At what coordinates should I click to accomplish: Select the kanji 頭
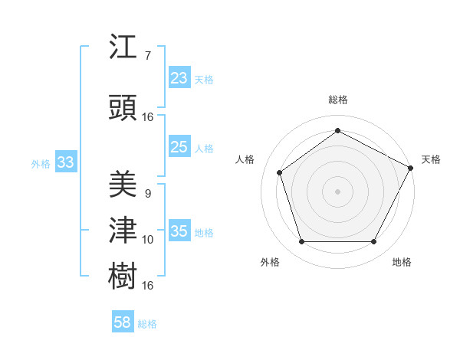[123, 107]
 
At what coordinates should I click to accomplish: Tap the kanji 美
[123, 184]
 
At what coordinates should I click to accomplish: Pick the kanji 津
[123, 229]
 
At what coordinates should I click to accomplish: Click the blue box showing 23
[179, 78]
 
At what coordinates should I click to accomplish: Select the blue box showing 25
[179, 147]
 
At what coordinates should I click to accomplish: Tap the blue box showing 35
[179, 231]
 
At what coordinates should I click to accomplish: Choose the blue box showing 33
[65, 162]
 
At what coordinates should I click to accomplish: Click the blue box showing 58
[123, 322]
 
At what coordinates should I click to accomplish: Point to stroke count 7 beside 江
[147, 57]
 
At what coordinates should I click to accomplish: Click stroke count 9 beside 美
[147, 194]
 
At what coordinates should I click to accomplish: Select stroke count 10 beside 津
[148, 240]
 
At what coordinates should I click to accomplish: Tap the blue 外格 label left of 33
[41, 163]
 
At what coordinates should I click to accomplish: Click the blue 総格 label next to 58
[147, 324]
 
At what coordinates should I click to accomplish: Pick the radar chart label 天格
[431, 159]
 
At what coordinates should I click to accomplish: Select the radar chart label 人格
[245, 159]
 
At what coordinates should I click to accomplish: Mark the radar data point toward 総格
[337, 131]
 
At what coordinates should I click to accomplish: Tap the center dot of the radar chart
[337, 191]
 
